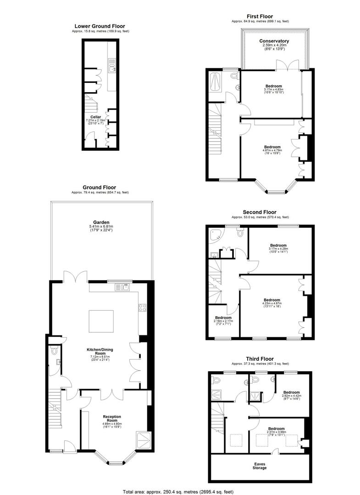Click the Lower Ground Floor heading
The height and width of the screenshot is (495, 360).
click(100, 27)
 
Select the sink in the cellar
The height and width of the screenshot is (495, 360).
click(112, 68)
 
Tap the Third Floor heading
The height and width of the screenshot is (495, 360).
click(260, 359)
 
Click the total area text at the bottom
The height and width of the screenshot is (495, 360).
click(180, 491)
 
